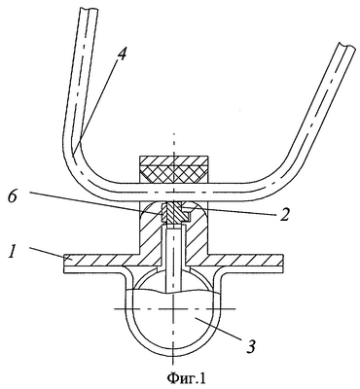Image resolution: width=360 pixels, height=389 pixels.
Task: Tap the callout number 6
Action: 13,197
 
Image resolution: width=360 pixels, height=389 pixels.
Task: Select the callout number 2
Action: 283,214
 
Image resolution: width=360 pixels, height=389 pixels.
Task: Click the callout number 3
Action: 250,346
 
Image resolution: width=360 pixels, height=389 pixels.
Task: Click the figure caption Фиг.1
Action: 186,377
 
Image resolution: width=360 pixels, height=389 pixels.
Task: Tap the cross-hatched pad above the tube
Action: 173,174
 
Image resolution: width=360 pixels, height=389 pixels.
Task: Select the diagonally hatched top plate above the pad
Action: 173,160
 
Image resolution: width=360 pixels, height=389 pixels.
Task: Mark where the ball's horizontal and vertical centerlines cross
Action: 174,309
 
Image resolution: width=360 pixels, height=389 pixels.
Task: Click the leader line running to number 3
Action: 220,329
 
